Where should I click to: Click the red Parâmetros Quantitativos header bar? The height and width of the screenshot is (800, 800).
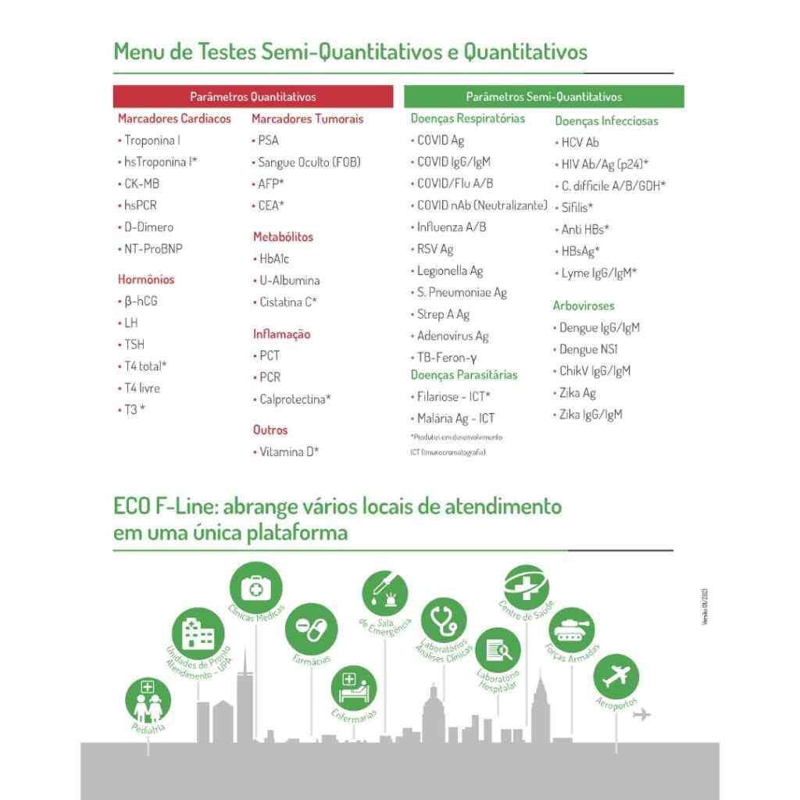click(252, 97)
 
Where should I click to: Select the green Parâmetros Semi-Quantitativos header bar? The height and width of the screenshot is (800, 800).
click(544, 97)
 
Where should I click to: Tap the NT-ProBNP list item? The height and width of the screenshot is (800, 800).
click(153, 249)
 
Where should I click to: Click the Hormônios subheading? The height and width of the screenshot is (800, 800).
click(146, 279)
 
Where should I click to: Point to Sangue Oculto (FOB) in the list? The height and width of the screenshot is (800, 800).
click(309, 162)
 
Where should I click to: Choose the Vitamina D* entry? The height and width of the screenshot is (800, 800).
click(289, 452)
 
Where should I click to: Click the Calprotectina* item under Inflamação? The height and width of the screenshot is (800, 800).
click(295, 399)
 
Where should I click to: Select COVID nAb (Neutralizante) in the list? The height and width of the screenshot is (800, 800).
click(481, 205)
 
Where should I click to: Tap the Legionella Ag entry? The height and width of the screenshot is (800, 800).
click(450, 271)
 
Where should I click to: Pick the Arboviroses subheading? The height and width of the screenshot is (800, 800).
click(584, 306)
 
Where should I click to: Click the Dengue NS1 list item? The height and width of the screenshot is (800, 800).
click(588, 349)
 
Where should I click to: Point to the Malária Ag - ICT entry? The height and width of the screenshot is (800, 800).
click(455, 419)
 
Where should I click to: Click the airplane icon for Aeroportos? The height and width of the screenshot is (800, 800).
click(616, 677)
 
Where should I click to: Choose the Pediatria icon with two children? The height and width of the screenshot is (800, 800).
click(148, 701)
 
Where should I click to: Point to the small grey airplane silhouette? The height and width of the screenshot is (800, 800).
click(643, 713)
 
